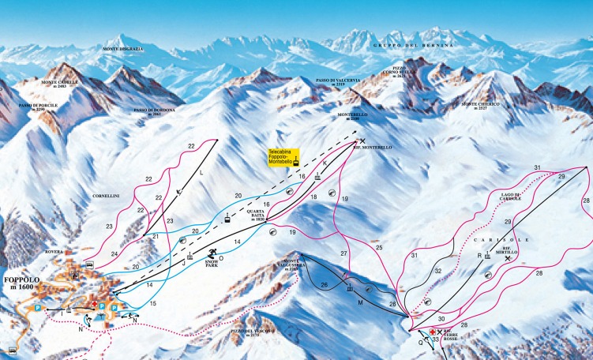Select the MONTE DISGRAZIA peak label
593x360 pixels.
pos(122,49)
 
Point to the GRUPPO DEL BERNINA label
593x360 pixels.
pos(415,47)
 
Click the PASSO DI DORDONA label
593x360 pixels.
pos(153,111)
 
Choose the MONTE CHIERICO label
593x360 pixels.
pos(480,104)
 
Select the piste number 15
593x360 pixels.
pos(153,304)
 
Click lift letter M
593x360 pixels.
pos(359,302)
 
